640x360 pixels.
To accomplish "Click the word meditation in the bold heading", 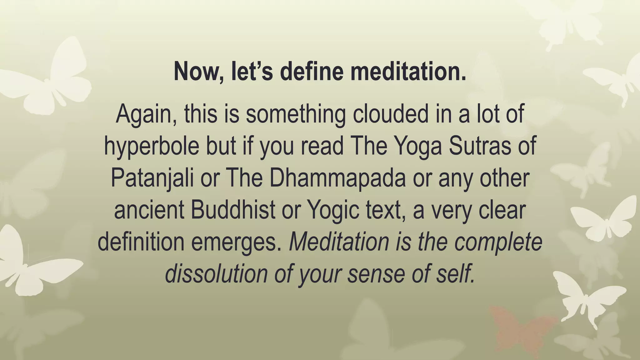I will [408, 71].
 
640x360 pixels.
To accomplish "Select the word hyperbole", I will [152, 146].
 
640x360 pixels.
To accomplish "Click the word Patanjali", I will [152, 178].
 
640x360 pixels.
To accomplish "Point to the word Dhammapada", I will [337, 178].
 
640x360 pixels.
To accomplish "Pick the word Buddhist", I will [233, 210].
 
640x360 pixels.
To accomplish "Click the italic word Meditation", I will [339, 242].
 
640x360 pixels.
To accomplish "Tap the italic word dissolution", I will [216, 274].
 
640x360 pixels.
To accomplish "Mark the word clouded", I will [391, 114].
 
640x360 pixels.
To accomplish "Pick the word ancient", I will [149, 210].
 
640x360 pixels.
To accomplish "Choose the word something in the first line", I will [296, 114].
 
